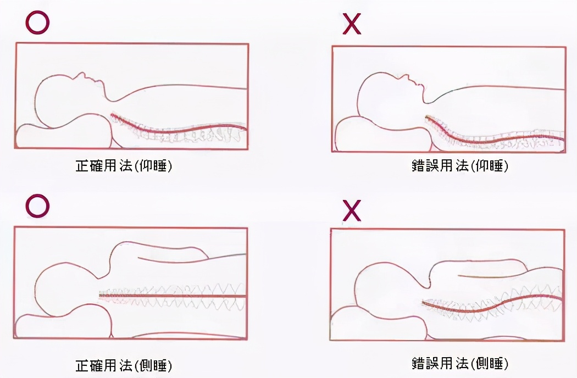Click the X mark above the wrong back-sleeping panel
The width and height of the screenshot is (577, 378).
point(352,25)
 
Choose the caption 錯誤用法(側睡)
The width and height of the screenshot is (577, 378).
point(459,363)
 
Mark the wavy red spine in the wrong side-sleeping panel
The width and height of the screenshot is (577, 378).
point(495,301)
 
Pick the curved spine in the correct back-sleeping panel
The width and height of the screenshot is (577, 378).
point(176,130)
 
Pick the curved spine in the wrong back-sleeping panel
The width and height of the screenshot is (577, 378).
point(495,140)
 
